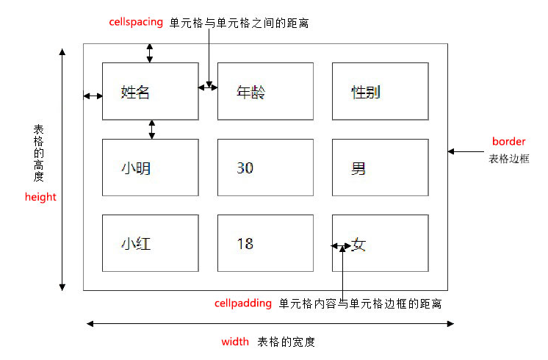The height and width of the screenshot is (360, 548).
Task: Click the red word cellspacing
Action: click(136, 22)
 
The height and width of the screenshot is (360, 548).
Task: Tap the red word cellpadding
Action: click(243, 303)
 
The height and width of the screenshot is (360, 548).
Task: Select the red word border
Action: click(508, 141)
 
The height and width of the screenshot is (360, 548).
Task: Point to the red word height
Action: click(40, 197)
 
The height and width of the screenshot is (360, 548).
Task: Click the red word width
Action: click(235, 341)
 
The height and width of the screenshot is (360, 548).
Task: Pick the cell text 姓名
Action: click(135, 93)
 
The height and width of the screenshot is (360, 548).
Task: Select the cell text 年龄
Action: click(250, 93)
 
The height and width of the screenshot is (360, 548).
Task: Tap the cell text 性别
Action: click(365, 93)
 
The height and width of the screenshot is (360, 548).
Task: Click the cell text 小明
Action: click(136, 168)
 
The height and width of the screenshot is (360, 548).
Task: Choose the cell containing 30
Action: click(265, 168)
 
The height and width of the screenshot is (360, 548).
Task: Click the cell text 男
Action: click(358, 168)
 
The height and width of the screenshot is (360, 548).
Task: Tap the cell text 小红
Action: click(136, 244)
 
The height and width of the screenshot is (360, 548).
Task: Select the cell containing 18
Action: click(265, 243)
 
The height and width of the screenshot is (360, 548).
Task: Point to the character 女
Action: click(358, 245)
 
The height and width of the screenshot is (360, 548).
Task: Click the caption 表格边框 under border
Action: click(509, 159)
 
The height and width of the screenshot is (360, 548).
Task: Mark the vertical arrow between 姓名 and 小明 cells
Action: click(151, 129)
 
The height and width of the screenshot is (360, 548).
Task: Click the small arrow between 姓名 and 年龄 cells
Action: click(208, 87)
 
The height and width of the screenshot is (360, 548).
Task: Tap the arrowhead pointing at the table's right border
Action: click(451, 151)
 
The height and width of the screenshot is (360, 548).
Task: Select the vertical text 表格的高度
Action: click(38, 153)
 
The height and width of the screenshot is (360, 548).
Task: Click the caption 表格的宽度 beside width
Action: click(286, 342)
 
